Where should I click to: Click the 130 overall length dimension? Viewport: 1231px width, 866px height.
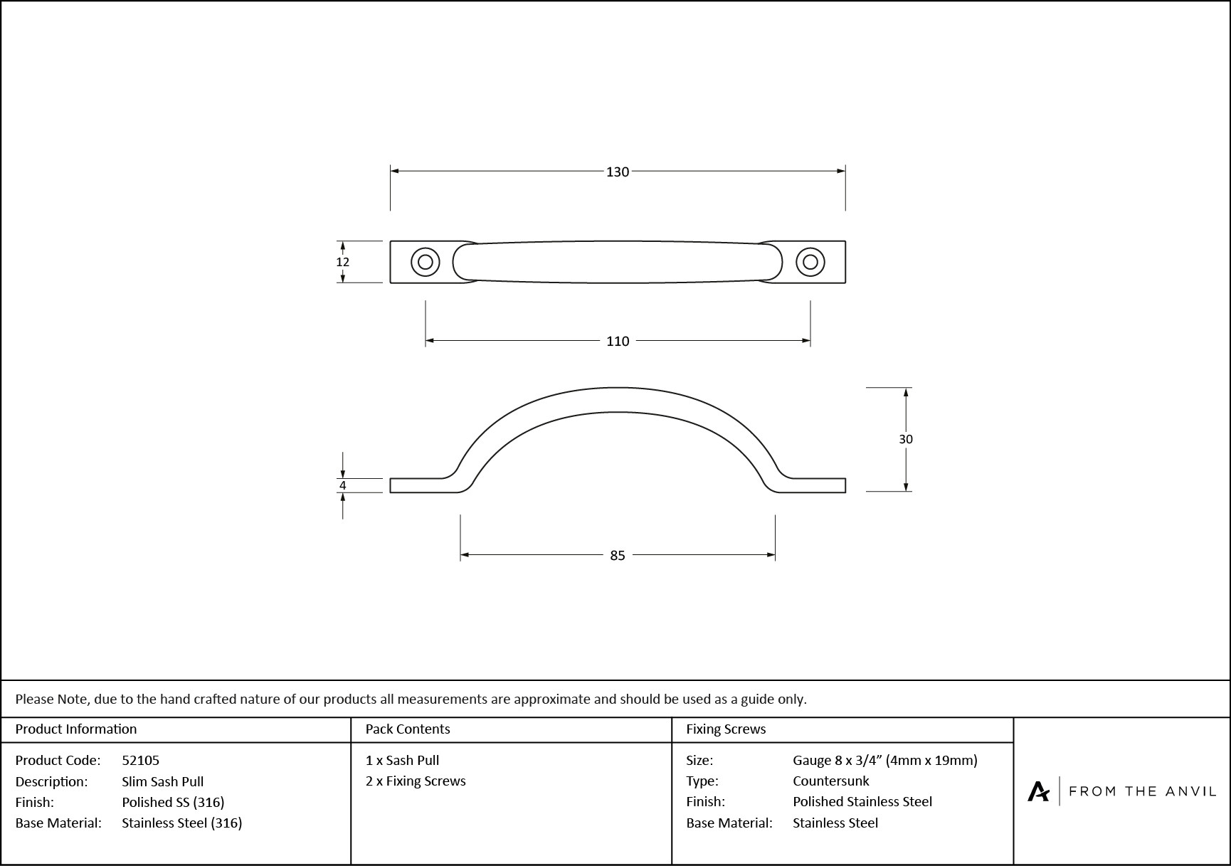[x=617, y=171]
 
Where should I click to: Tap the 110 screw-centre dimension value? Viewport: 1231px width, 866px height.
[x=617, y=342]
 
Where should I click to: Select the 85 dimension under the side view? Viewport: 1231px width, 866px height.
[x=617, y=556]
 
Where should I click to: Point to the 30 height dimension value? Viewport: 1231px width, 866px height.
[x=905, y=439]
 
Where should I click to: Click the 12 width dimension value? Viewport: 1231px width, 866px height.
[x=342, y=262]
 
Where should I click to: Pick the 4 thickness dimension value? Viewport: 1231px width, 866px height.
[x=342, y=485]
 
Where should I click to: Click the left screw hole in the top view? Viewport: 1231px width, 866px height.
[x=426, y=262]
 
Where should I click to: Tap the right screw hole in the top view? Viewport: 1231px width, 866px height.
[x=810, y=262]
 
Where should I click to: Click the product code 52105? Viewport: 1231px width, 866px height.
[x=140, y=760]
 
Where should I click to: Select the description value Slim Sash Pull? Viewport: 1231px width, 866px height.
[x=162, y=781]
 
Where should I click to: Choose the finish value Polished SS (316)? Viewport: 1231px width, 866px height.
[x=173, y=802]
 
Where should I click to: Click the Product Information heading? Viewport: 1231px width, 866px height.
[x=75, y=729]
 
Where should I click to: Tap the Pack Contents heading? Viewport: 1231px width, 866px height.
[x=407, y=729]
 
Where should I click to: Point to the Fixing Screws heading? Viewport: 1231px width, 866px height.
[x=726, y=729]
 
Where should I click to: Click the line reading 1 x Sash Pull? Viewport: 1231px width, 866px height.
[x=402, y=760]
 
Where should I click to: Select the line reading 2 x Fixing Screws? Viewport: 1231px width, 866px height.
[x=416, y=781]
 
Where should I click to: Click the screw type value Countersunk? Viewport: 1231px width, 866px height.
[x=830, y=781]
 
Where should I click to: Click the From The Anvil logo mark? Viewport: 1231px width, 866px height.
[x=1038, y=791]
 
